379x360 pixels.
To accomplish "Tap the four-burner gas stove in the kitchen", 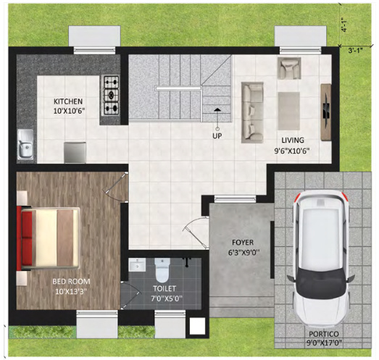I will [111, 96].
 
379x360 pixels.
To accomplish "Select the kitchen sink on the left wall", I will [27, 143].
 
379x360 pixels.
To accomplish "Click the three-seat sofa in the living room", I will [253, 111].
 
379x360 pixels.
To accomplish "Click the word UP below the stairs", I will [217, 135].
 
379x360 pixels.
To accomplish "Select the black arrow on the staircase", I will [217, 109].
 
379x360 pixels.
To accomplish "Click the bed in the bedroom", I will [50, 236].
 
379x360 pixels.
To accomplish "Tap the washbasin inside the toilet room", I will [136, 266].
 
